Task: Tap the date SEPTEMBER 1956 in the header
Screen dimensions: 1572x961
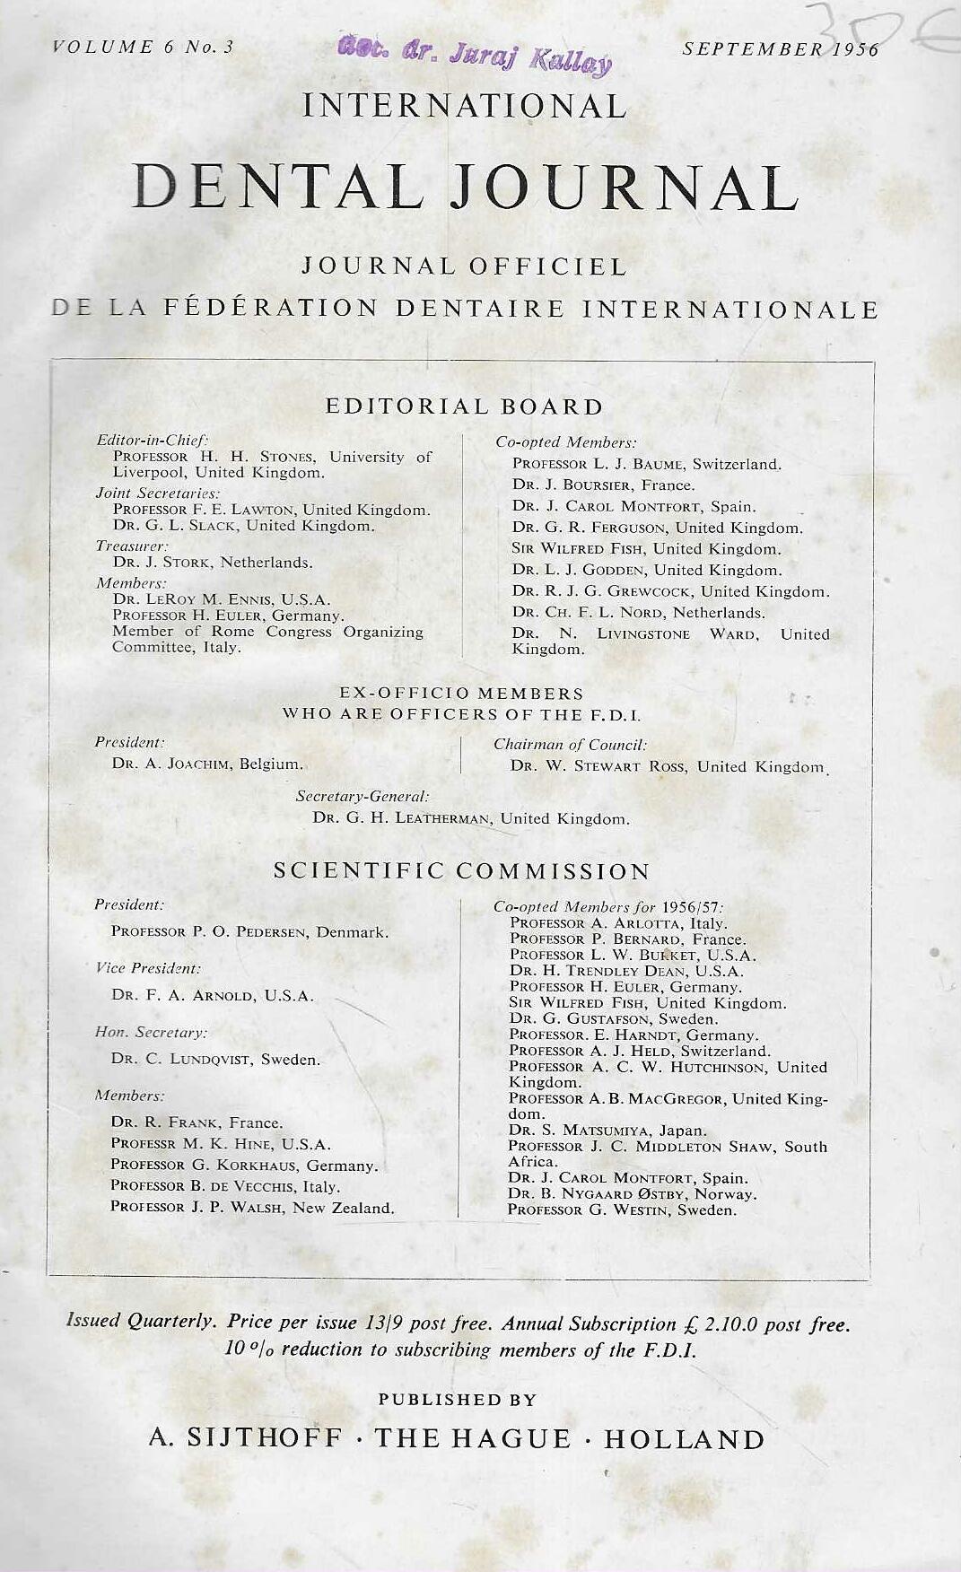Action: pyautogui.click(x=781, y=49)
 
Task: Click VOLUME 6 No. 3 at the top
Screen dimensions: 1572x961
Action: pyautogui.click(x=144, y=48)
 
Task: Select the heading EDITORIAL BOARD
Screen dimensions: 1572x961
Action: pyautogui.click(x=464, y=406)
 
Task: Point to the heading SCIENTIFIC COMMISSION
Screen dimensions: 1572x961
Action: pyautogui.click(x=462, y=871)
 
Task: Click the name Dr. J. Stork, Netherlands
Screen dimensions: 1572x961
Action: pyautogui.click(x=213, y=563)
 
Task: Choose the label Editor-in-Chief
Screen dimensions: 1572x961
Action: pyautogui.click(x=153, y=440)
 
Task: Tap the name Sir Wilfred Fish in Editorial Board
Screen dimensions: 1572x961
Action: pyautogui.click(x=646, y=548)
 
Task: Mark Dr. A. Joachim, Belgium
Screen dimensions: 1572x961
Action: pyautogui.click(x=207, y=764)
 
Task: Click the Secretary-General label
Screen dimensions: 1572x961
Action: pyautogui.click(x=363, y=796)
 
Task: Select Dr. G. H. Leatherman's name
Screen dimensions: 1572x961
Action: pyautogui.click(x=471, y=818)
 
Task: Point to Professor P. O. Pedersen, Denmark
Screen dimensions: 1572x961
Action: pyautogui.click(x=249, y=931)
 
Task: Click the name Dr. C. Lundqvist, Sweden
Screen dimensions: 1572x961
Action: pyautogui.click(x=215, y=1059)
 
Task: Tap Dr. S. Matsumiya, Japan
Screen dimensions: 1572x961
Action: pyautogui.click(x=607, y=1131)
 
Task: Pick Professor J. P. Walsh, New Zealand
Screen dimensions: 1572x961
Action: pyautogui.click(x=252, y=1208)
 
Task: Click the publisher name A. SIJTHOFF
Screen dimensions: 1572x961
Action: pyautogui.click(x=245, y=1439)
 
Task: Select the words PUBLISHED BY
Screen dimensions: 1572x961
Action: pyautogui.click(x=458, y=1400)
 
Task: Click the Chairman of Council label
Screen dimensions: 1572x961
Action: pyautogui.click(x=570, y=744)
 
